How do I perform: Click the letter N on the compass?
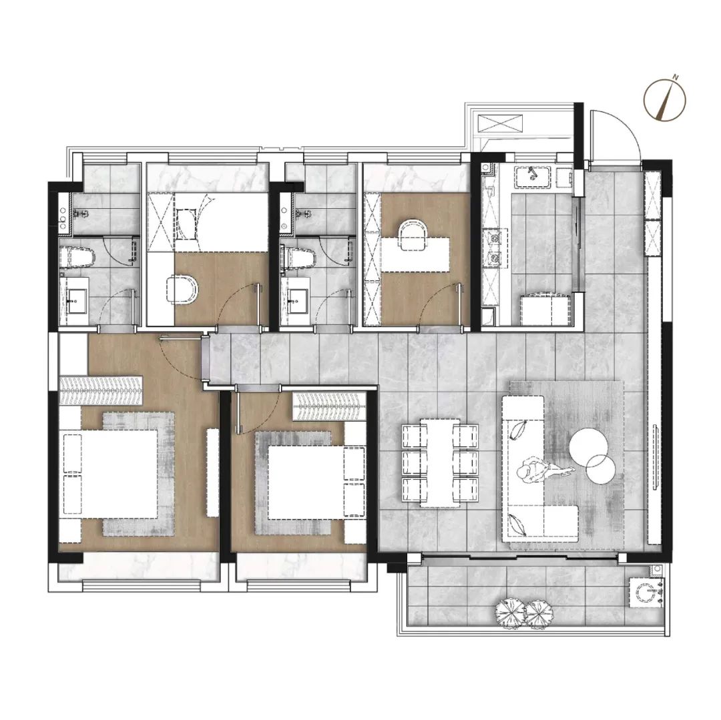click(x=676, y=77)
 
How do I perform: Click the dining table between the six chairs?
click(x=440, y=462)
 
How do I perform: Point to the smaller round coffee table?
click(x=601, y=469)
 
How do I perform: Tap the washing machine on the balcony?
click(x=646, y=593)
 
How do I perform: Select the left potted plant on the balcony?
click(x=510, y=613)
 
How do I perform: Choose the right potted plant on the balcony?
click(x=539, y=614)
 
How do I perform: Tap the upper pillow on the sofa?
click(x=519, y=430)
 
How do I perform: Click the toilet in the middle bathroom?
click(x=299, y=258)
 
